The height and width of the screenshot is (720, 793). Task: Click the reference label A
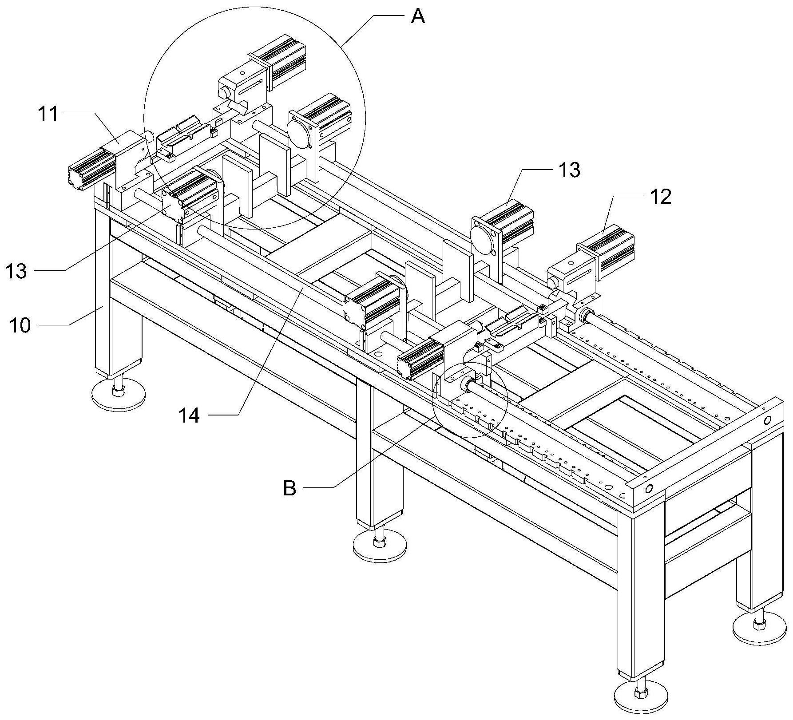pos(418,17)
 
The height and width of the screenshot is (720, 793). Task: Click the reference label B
pos(289,489)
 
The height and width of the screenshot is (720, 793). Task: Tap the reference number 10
pos(20,325)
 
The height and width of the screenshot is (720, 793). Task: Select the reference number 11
pos(48,114)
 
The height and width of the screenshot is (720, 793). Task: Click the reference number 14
pos(189,416)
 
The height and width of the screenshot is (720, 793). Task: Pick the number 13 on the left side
pos(16,271)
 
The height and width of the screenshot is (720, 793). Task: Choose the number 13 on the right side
pos(569,170)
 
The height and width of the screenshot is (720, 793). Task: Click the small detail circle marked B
pos(470,399)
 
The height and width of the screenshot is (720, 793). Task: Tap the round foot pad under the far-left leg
pos(119,393)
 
